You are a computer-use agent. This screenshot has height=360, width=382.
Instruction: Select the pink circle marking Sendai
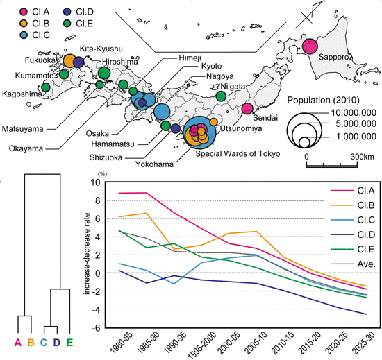tap(247, 108)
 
